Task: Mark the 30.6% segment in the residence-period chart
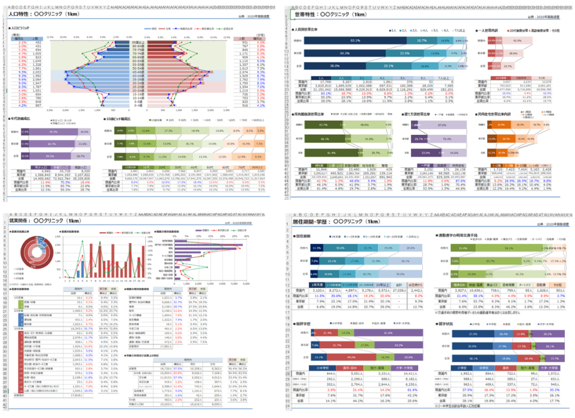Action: point(340,248)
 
